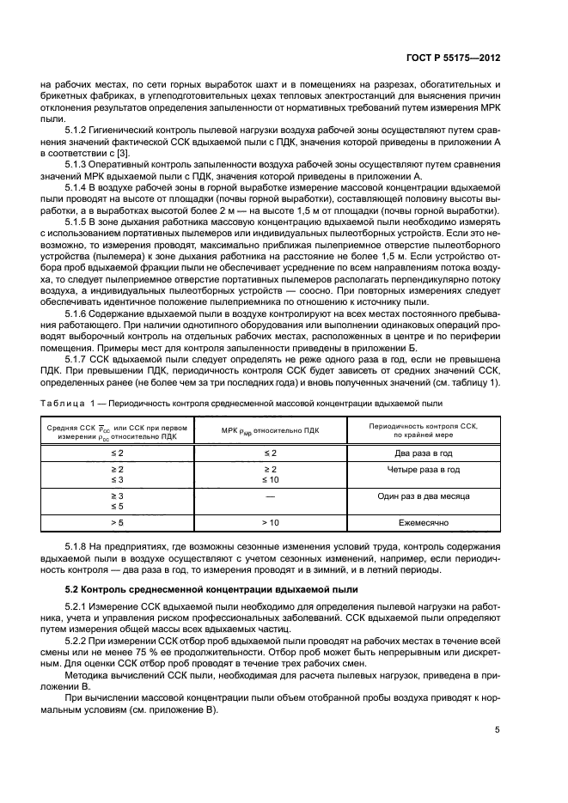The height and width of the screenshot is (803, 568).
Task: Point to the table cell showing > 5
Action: coord(116,521)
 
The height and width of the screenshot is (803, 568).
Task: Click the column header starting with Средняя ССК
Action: coord(116,429)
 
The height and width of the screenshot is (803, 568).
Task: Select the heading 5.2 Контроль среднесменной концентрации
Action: coord(195,591)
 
